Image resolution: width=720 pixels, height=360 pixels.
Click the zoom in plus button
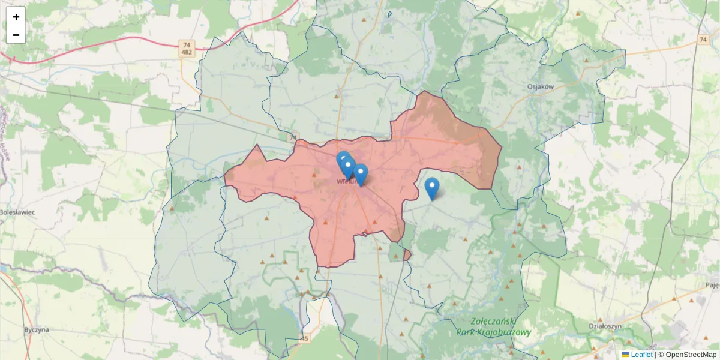[16, 17]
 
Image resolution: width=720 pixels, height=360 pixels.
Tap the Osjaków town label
[540, 86]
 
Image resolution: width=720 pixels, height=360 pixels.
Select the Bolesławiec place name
[17, 212]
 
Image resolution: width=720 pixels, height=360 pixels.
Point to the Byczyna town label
[36, 329]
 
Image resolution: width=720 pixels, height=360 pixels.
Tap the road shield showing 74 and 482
[187, 49]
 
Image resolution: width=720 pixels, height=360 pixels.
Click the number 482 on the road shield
[187, 53]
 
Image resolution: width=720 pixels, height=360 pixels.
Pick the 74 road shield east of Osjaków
[703, 39]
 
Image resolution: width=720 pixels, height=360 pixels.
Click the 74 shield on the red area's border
[293, 138]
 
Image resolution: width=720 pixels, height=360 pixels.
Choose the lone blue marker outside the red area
[431, 188]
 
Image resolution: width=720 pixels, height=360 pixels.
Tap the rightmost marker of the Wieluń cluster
[361, 174]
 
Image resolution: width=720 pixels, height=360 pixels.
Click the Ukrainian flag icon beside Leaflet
[625, 355]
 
